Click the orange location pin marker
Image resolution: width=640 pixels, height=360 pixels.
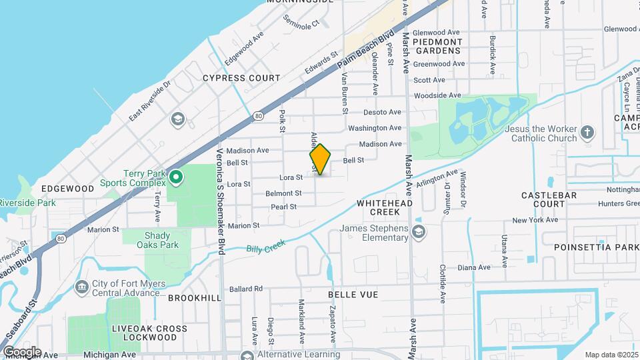[320, 159]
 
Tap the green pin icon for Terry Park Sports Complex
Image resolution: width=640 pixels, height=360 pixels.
[176, 177]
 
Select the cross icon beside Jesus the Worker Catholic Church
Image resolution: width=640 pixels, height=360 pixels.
[587, 132]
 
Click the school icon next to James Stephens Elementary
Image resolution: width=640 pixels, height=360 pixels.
[419, 231]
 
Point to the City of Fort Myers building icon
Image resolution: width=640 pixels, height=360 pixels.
[81, 287]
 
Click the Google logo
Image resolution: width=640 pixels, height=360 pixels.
[22, 352]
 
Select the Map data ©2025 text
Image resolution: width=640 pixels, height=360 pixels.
[611, 355]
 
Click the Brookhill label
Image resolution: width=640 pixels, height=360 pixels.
[194, 297]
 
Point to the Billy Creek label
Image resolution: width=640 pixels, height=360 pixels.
[266, 246]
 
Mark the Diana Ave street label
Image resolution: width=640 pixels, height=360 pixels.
[474, 267]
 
